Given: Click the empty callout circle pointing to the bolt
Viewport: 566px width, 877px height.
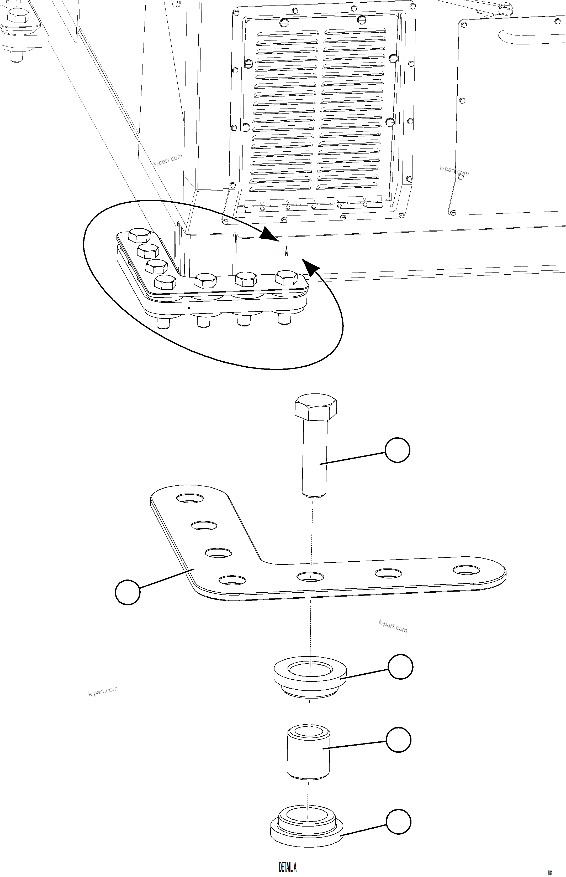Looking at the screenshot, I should point(397,450).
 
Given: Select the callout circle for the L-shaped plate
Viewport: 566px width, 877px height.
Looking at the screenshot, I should point(128,592).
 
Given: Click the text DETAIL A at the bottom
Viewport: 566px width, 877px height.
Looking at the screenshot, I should point(287,857).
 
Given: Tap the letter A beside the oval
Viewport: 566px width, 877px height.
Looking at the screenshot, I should point(286,252).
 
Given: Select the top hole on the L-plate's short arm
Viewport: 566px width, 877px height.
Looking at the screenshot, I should point(190,498).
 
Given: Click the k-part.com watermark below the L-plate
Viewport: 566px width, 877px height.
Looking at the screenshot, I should point(393,626).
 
